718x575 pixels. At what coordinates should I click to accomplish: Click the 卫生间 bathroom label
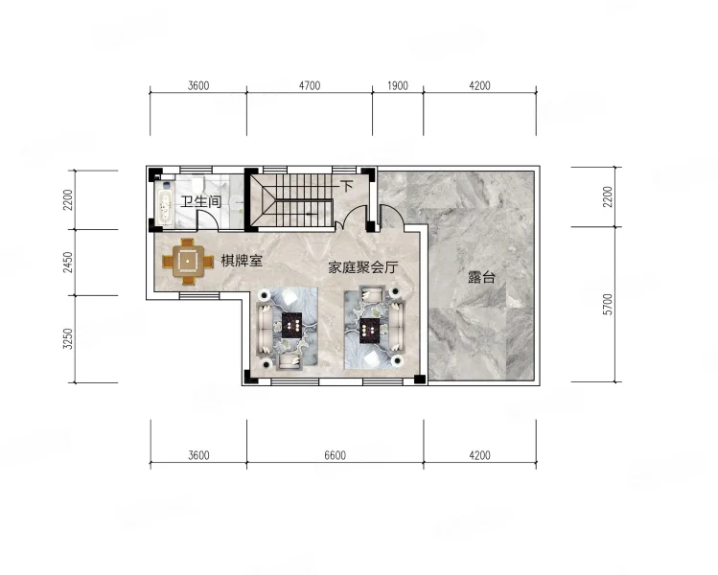(x=200, y=201)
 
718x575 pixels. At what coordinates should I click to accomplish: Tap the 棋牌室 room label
(x=242, y=261)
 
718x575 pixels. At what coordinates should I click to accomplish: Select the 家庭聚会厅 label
(x=363, y=267)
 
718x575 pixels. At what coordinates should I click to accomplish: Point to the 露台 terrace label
(x=481, y=277)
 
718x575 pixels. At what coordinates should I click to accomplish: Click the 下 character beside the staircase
(x=347, y=186)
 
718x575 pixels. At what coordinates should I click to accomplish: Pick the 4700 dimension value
(x=310, y=85)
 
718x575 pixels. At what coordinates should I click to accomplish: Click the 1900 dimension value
(x=398, y=85)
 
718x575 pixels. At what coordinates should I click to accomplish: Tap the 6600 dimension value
(x=335, y=455)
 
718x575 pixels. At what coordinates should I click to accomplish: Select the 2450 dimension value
(x=68, y=263)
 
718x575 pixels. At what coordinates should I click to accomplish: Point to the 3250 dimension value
(x=68, y=339)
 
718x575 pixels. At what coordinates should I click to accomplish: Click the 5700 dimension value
(x=608, y=305)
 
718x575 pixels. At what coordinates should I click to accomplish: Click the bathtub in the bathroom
(x=164, y=204)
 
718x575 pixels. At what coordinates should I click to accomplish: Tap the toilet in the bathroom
(x=197, y=184)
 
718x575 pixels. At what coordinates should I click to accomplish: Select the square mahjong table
(x=188, y=262)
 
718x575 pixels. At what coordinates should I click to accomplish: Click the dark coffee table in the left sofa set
(x=291, y=326)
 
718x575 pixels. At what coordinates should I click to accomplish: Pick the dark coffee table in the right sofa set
(x=369, y=331)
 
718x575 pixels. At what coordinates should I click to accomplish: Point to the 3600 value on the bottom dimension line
(x=198, y=455)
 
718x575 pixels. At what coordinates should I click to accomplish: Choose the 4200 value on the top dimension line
(x=479, y=85)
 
